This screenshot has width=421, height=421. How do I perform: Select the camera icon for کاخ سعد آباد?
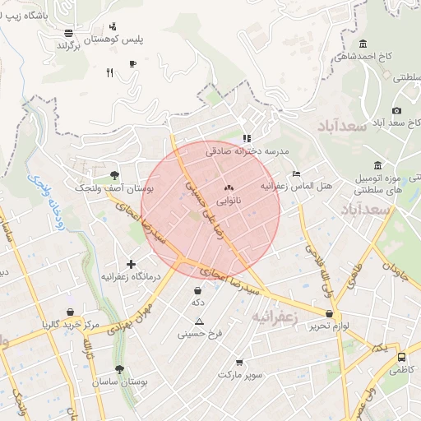(x=397, y=110)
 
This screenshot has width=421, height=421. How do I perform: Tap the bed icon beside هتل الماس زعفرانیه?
(x=297, y=174)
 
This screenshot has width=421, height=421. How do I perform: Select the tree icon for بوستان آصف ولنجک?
(x=113, y=175)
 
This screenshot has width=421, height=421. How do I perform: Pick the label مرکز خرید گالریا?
(x=71, y=325)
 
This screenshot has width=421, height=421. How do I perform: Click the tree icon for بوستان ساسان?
(x=120, y=369)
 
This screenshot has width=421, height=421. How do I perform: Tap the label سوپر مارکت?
(x=240, y=374)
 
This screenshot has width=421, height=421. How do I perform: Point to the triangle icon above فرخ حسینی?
(x=199, y=322)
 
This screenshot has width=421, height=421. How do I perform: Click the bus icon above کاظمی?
(x=401, y=358)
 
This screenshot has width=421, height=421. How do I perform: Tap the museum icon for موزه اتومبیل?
(x=377, y=165)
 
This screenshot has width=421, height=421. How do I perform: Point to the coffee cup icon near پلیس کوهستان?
(x=132, y=63)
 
